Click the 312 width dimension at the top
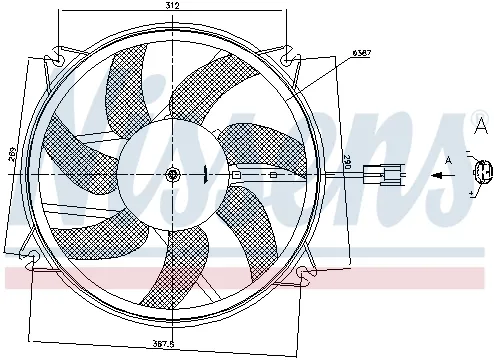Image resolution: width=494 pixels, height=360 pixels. (172, 7)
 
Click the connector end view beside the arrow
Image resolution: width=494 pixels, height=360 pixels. (483, 172)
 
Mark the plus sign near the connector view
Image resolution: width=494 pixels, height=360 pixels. (471, 191)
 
